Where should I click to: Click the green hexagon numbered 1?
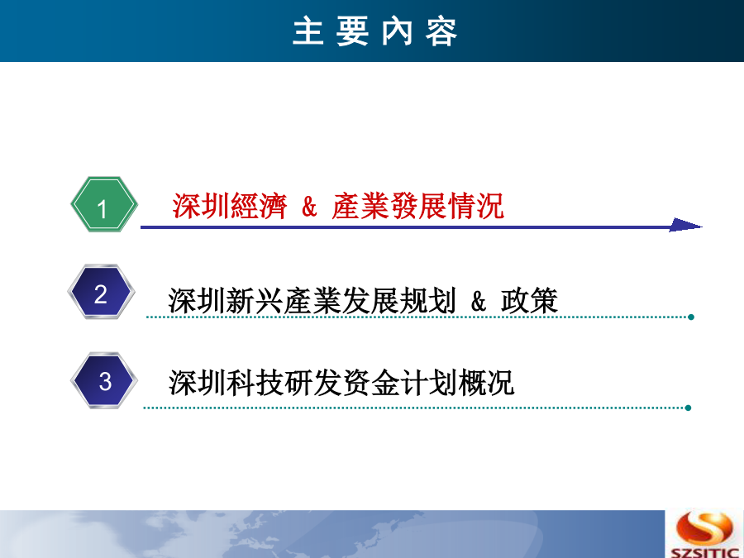click(x=104, y=204)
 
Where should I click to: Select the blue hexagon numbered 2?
click(x=101, y=291)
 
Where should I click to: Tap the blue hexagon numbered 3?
click(x=104, y=380)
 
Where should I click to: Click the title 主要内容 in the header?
click(x=374, y=31)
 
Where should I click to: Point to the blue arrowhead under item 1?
click(x=685, y=226)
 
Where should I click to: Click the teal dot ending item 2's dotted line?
click(x=691, y=317)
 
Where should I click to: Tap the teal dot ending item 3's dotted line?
click(x=688, y=408)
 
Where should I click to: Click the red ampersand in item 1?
click(x=309, y=207)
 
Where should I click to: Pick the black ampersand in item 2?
click(x=479, y=301)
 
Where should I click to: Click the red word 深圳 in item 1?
click(x=201, y=206)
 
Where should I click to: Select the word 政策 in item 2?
click(x=530, y=300)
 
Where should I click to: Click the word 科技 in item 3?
click(x=255, y=383)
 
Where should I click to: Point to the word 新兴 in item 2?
click(x=255, y=300)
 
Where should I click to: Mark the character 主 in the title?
click(x=308, y=31)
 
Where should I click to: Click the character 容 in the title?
click(x=441, y=31)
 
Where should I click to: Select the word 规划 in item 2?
click(x=428, y=300)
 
